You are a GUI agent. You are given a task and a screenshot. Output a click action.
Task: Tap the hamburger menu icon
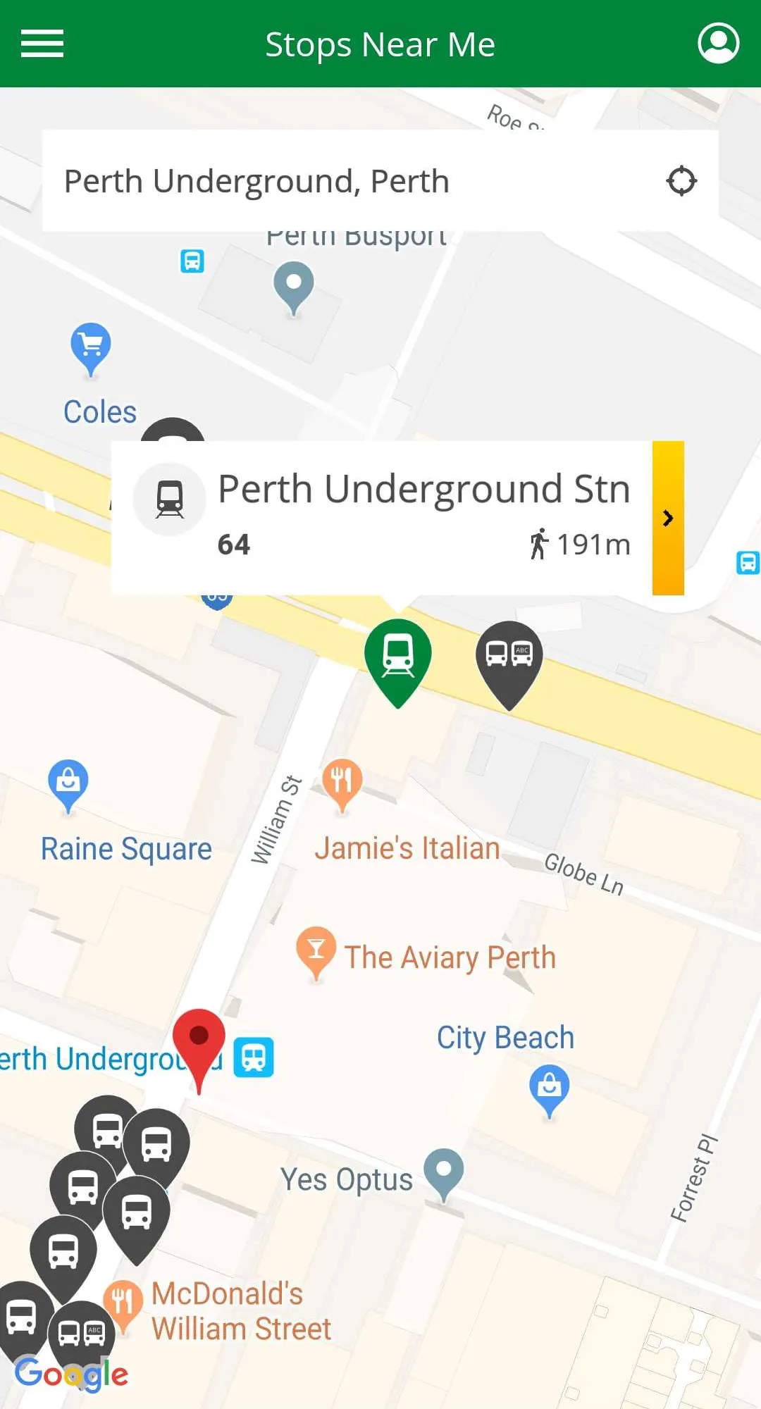(42, 44)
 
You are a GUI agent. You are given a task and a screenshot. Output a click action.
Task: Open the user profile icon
(718, 44)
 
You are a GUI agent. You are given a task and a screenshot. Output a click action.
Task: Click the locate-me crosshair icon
(681, 181)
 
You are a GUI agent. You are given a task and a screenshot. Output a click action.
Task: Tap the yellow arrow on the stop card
(668, 519)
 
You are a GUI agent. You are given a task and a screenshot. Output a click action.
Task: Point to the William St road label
(277, 820)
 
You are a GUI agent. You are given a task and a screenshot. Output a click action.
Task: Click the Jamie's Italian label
(407, 849)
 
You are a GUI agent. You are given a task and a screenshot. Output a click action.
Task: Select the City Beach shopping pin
(549, 1088)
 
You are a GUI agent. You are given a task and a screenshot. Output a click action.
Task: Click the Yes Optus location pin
(444, 1172)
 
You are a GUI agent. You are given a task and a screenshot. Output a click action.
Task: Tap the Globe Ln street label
(584, 874)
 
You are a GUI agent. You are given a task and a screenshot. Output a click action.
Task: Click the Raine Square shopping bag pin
(68, 782)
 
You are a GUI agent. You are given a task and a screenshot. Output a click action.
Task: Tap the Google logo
(71, 1373)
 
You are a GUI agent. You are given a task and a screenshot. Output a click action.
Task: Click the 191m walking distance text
(593, 545)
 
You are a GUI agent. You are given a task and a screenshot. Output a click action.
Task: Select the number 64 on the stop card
(234, 545)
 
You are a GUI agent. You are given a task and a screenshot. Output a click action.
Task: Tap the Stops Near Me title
(380, 44)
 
